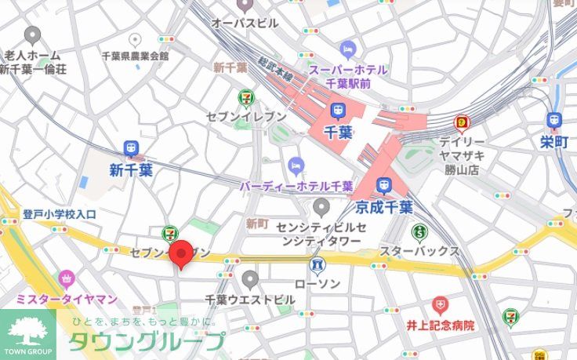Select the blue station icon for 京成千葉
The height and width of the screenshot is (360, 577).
[383, 185]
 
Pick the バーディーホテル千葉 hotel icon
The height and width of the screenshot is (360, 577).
[295, 164]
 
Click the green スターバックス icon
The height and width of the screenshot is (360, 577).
[419, 231]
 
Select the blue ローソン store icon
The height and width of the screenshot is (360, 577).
[318, 264]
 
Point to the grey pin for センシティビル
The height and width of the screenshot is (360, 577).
[321, 207]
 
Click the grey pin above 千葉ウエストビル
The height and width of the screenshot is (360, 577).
[250, 278]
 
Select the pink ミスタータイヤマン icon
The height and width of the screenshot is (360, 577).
[67, 278]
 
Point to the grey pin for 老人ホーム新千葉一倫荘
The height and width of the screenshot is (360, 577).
[32, 35]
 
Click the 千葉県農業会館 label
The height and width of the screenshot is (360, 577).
[135, 56]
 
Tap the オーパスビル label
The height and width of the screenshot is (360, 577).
[245, 24]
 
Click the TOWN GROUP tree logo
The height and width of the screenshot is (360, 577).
[27, 332]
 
